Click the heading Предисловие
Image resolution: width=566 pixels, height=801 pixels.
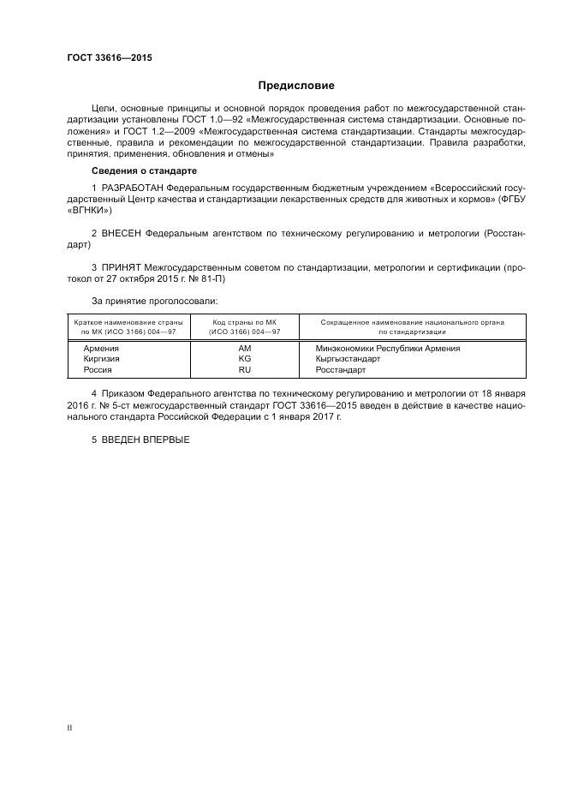[x=296, y=86]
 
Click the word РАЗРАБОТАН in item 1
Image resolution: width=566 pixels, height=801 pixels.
[x=133, y=188]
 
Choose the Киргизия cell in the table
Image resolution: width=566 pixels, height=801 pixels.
[x=102, y=360]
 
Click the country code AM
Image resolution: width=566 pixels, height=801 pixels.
[x=245, y=349]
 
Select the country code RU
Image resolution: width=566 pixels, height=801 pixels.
[x=245, y=371]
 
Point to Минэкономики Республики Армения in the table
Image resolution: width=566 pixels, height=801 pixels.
[x=388, y=349]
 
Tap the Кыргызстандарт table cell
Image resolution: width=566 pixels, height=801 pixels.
[x=348, y=360]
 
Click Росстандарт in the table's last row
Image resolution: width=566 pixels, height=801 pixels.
[x=340, y=371]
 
